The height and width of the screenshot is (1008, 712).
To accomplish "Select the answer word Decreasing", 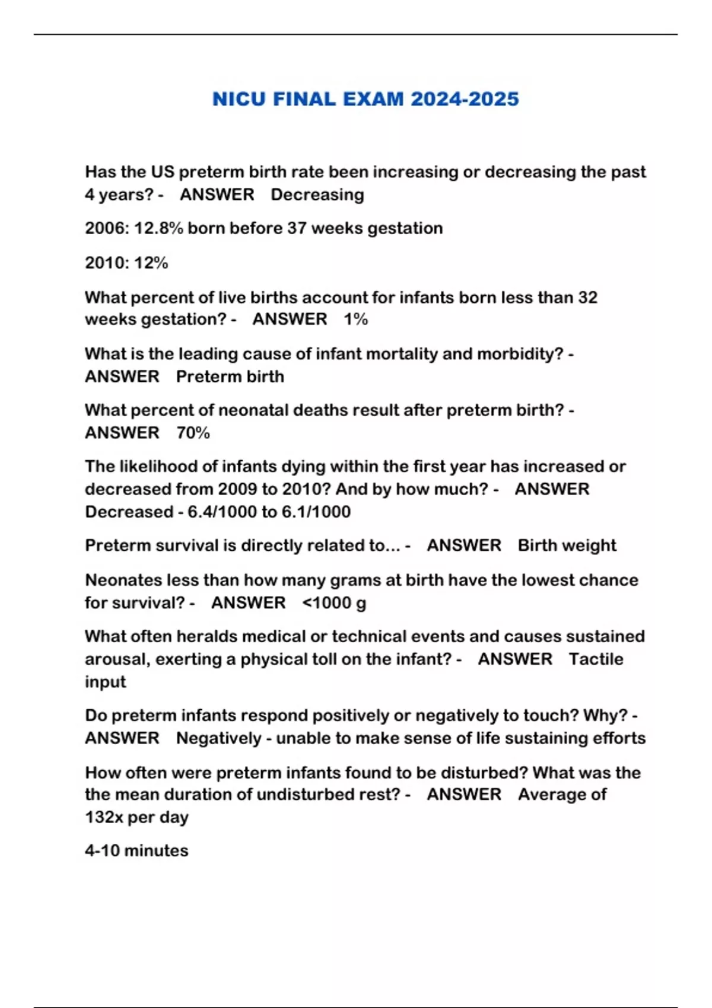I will [x=317, y=195].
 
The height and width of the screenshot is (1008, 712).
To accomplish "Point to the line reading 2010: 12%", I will [x=126, y=263].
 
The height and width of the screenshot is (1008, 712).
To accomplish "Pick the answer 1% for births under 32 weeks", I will [x=356, y=320].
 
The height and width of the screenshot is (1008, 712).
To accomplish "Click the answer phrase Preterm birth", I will [x=230, y=377].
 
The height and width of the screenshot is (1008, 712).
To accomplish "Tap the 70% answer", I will [x=193, y=433].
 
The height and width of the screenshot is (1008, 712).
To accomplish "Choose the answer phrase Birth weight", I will [x=567, y=546].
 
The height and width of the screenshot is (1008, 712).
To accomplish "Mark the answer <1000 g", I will [x=334, y=603].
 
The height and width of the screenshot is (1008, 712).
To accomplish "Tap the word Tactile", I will [x=596, y=659].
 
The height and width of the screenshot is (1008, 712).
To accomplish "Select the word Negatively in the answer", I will [x=219, y=739].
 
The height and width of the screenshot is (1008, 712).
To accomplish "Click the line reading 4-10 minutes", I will [x=136, y=851].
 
